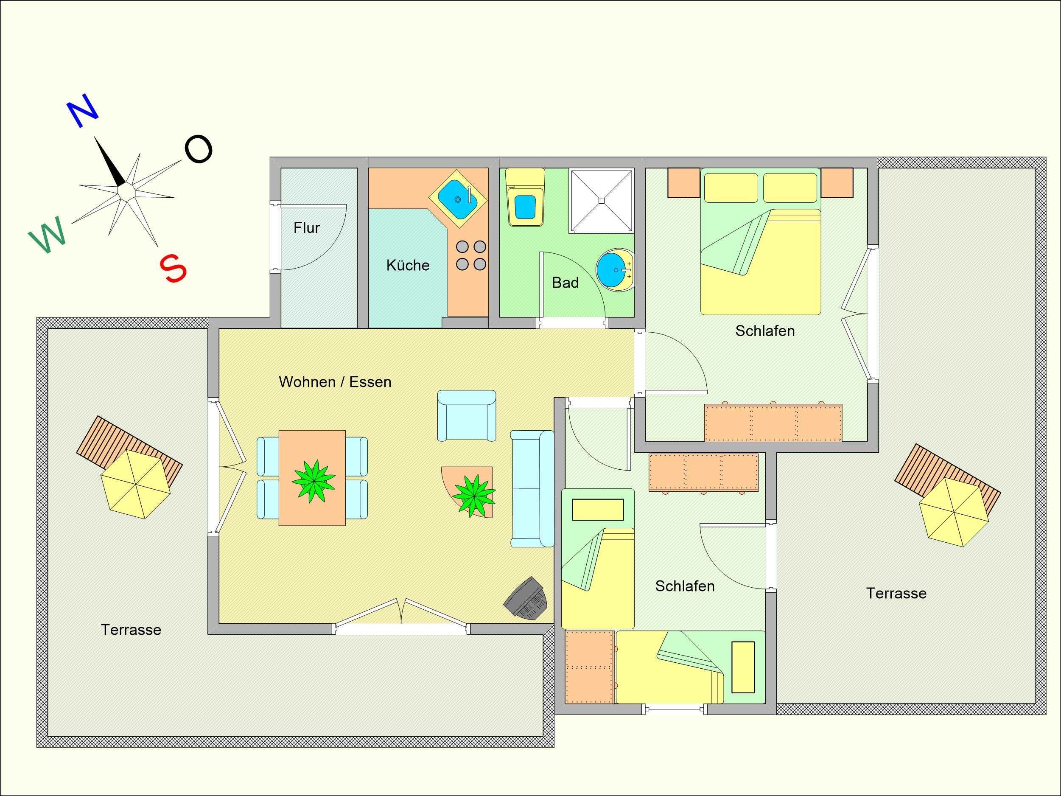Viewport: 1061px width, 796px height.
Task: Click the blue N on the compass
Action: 84,110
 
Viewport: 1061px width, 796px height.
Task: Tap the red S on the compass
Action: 173,268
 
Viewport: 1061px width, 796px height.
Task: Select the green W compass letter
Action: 47,235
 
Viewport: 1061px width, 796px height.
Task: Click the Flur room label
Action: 306,227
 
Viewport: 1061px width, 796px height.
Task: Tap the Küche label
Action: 408,265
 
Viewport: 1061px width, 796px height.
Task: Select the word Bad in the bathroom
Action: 565,283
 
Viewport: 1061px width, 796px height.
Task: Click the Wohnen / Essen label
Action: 335,382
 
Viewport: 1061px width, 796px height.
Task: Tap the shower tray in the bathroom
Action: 601,201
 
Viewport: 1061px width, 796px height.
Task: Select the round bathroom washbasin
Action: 615,270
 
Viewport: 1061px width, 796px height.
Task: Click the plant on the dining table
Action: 314,481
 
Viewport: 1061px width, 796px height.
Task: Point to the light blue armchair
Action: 466,415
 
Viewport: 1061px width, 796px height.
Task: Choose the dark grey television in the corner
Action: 526,598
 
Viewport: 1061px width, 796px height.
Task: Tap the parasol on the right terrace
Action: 954,513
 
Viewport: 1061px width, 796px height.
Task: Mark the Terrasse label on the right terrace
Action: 896,594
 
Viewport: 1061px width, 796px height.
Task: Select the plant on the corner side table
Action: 474,494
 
